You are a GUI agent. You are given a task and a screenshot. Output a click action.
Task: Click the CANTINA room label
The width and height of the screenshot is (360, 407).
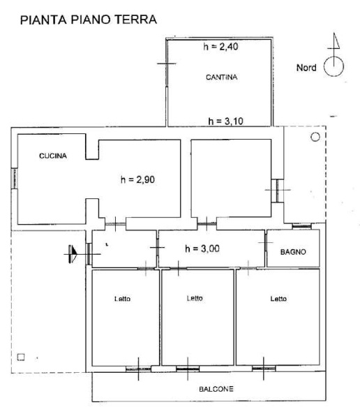221,77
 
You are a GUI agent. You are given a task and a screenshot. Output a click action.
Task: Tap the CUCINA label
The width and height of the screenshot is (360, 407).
53,156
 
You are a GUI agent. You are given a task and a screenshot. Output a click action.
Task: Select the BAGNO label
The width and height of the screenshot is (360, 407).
293,252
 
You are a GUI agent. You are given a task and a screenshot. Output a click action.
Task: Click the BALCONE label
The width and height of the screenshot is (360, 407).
216,389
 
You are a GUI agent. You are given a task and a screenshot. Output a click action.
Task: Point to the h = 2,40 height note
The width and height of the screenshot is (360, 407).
220,47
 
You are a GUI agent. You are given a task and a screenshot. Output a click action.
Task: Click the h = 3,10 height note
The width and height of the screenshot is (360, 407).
225,121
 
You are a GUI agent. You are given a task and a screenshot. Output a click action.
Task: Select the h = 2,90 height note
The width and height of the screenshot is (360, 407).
137,179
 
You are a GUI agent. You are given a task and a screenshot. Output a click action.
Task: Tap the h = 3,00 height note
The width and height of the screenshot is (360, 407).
202,249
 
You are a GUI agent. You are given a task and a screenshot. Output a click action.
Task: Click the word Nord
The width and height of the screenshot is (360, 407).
306,68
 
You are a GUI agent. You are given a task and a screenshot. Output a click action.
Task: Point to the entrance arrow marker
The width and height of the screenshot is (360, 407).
73,254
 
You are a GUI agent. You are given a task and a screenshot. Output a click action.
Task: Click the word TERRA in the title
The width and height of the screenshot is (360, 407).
135,20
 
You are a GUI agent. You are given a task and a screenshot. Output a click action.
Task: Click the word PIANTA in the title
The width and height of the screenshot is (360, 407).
43,20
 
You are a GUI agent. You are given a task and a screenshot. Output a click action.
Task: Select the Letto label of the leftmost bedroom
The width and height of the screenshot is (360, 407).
122,299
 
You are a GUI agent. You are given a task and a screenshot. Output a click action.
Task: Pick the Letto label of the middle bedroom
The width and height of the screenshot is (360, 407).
195,298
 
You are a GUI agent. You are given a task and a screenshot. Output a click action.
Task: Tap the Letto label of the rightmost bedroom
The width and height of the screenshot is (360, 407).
278,299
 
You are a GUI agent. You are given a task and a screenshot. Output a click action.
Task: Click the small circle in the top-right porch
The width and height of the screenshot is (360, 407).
315,137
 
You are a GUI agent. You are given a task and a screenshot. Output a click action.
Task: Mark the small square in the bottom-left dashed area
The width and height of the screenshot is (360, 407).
21,357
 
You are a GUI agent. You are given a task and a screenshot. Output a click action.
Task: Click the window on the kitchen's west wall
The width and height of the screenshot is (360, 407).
15,179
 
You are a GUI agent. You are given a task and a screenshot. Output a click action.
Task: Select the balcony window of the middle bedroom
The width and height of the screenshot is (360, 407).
188,369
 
